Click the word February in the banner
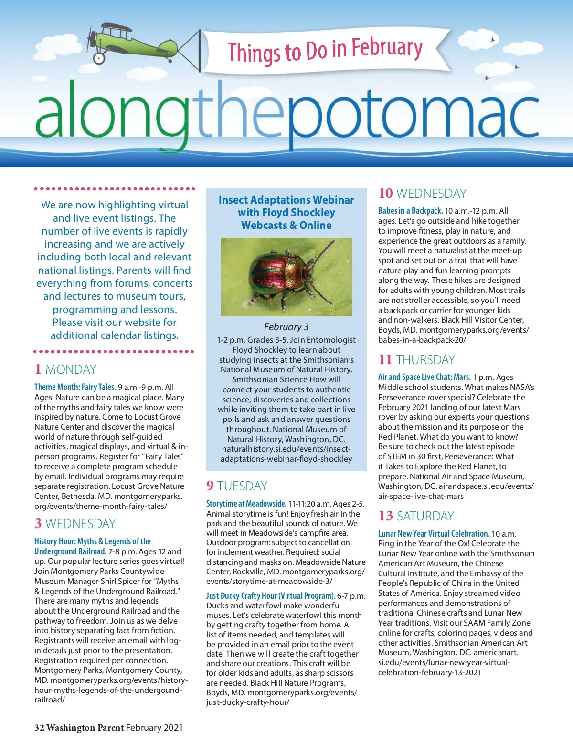[387, 48]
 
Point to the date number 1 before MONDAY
[38, 369]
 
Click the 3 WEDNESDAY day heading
[75, 523]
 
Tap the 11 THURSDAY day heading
[416, 359]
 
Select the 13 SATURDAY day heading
[416, 516]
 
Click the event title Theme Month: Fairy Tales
[75, 387]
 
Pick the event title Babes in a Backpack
[410, 211]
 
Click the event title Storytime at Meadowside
[246, 504]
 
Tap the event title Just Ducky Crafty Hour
[270, 596]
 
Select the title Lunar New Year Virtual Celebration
[434, 534]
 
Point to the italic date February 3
[286, 327]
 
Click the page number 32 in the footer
[39, 728]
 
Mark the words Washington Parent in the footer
[85, 728]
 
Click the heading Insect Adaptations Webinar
[286, 200]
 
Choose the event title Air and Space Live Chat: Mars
[424, 377]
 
